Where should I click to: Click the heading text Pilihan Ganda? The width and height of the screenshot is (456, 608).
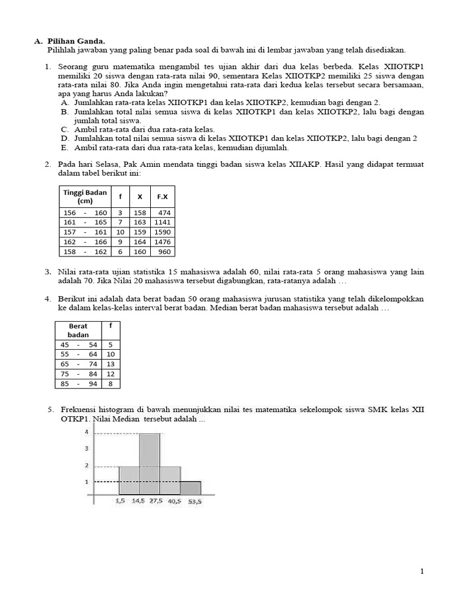click(75, 41)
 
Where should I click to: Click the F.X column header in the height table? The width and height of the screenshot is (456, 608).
click(162, 197)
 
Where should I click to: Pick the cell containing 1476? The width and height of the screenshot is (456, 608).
click(162, 242)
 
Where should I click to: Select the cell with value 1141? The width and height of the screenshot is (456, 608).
click(162, 222)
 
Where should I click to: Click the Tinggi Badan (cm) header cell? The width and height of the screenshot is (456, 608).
click(84, 197)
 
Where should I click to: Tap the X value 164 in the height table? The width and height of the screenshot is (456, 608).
click(140, 242)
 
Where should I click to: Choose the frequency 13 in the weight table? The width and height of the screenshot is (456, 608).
click(110, 364)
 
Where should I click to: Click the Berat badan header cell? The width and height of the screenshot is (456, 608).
click(78, 331)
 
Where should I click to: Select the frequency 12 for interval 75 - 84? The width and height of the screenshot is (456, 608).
click(110, 374)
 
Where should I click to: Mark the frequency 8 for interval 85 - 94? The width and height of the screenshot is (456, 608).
click(110, 384)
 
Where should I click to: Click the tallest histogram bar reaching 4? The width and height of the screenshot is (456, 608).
click(150, 464)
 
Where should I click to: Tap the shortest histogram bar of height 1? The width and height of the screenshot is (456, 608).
click(191, 487)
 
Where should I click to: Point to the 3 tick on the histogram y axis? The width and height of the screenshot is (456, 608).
click(87, 448)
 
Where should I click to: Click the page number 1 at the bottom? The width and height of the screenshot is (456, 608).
click(422, 571)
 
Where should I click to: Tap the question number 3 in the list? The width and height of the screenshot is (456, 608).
click(48, 272)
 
